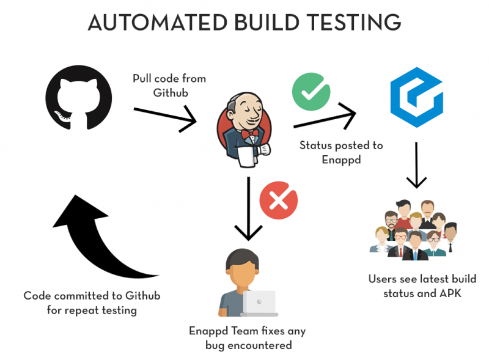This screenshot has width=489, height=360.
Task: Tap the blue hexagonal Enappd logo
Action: pos(416,98)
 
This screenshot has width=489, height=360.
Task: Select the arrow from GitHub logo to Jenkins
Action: pos(164,116)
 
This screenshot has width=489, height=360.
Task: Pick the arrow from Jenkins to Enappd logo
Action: pos(325,118)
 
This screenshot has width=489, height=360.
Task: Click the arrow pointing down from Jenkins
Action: pos(249,211)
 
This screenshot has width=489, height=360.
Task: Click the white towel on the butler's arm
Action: pos(246,157)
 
